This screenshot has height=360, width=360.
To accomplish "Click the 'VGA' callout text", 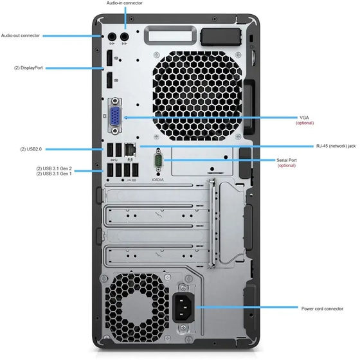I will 304,118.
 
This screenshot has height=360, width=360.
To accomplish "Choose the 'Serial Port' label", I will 287,160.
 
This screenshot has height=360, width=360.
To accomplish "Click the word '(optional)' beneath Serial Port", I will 287,166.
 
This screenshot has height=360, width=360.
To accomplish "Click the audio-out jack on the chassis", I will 111,36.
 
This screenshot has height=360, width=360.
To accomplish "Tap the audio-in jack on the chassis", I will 125,36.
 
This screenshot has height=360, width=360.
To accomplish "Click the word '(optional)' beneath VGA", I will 304,123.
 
